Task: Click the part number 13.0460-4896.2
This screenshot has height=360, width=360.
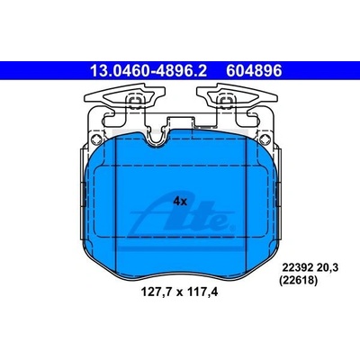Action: pyautogui.click(x=148, y=71)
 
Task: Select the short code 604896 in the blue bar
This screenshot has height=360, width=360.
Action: pyautogui.click(x=254, y=71)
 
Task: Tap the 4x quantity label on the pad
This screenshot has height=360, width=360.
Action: pyautogui.click(x=180, y=202)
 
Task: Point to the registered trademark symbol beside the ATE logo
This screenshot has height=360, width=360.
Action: pyautogui.click(x=231, y=229)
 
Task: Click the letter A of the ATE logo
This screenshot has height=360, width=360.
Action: pyautogui.click(x=150, y=216)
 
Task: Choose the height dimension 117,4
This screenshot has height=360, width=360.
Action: pyautogui.click(x=202, y=292)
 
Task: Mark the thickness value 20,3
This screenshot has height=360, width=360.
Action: pyautogui.click(x=328, y=267)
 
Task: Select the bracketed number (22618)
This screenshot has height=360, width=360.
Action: pyautogui.click(x=298, y=281)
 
